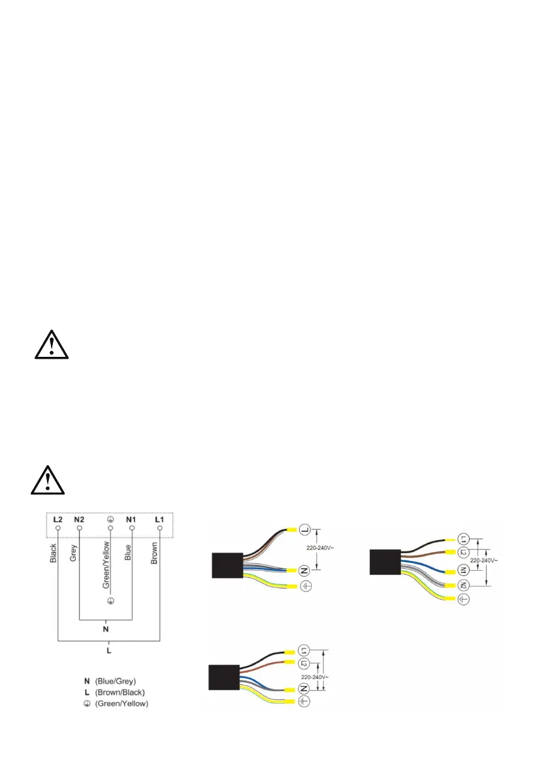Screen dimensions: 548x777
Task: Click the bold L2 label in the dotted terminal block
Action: tap(57, 519)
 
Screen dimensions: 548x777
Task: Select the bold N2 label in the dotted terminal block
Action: tap(80, 519)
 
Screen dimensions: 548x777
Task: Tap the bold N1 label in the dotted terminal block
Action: tap(131, 519)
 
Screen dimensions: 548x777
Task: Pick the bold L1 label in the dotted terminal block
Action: tap(159, 519)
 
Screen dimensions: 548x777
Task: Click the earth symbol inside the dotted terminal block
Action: tap(110, 519)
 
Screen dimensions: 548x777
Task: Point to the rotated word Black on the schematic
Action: tap(53, 554)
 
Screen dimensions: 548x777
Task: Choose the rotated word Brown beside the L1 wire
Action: tap(155, 554)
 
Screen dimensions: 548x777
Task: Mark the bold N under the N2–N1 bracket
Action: tap(106, 630)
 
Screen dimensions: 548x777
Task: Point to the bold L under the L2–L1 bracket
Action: tap(108, 650)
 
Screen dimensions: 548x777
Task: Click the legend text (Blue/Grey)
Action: tap(118, 682)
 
